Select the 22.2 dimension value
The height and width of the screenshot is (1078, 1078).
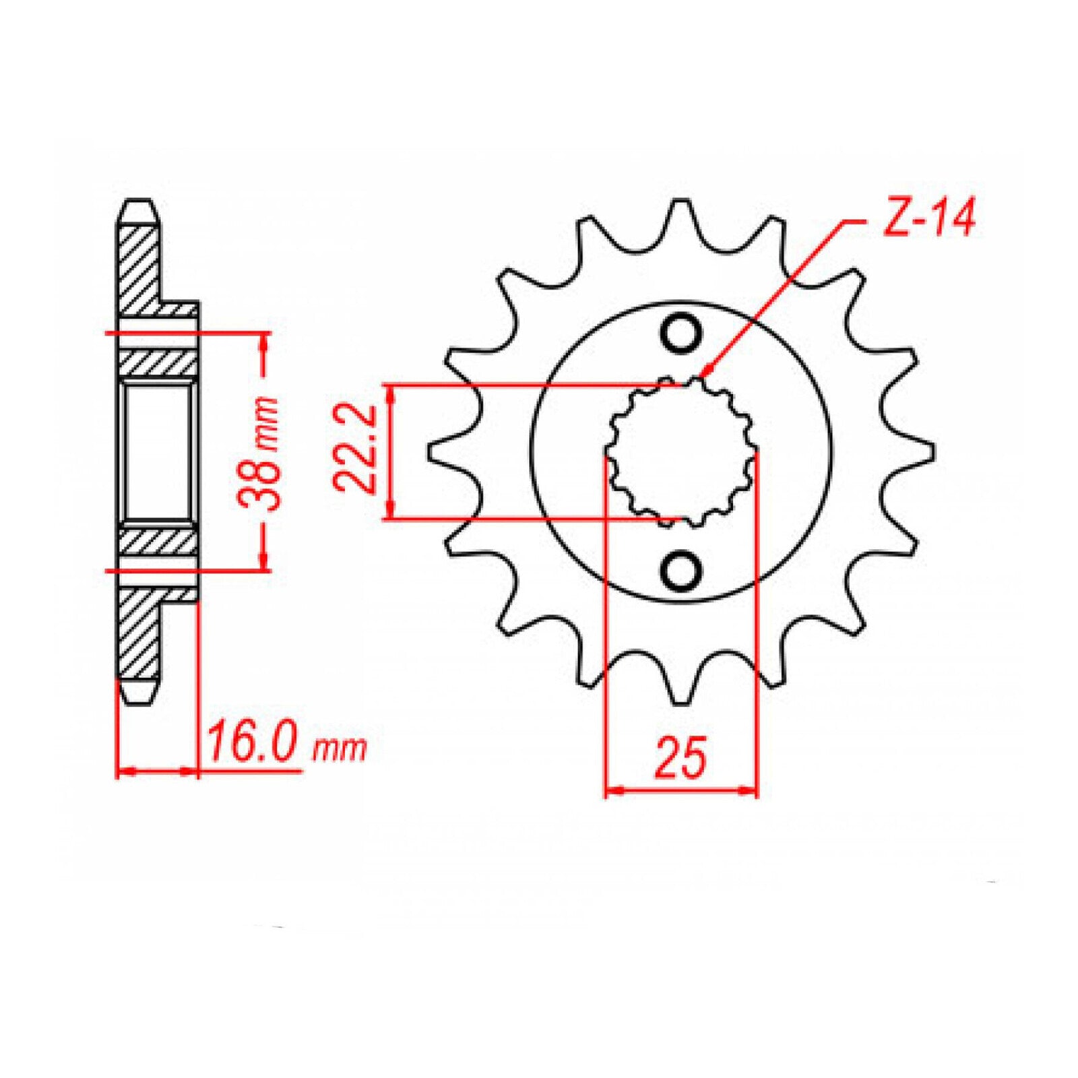coord(355,450)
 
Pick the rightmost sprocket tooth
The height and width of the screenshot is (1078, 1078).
coord(923,450)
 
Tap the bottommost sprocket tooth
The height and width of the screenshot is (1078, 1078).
coord(680,694)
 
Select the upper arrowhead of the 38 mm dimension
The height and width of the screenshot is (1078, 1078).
coord(264,340)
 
